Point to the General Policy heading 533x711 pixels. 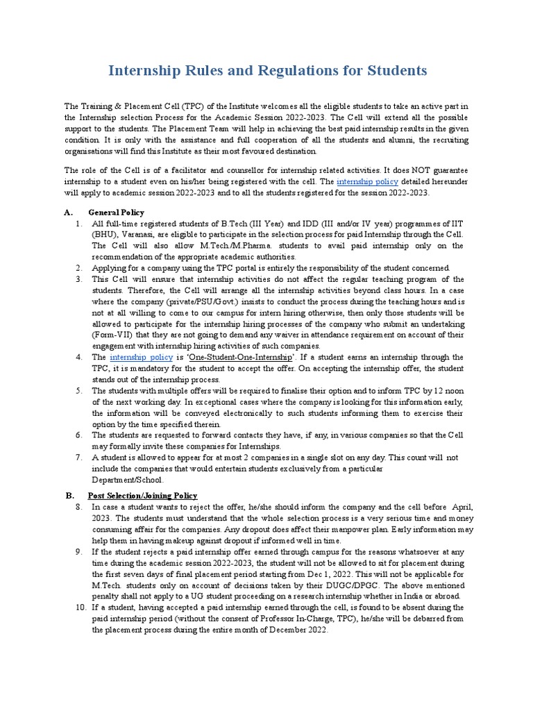click(116, 212)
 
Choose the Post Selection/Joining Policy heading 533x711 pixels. click(142, 495)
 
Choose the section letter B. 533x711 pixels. click(69, 495)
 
